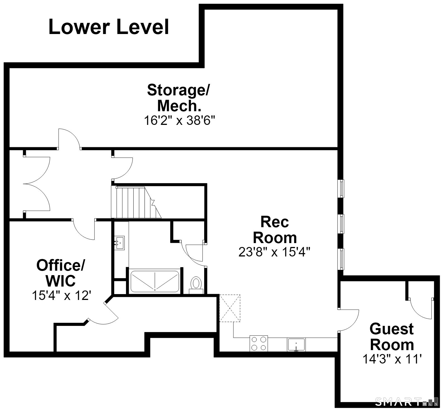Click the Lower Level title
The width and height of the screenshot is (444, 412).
tap(109, 27)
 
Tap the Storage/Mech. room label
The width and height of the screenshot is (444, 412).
tap(178, 98)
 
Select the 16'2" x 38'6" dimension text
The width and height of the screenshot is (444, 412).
tap(180, 121)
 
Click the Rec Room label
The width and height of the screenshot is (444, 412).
tap(275, 230)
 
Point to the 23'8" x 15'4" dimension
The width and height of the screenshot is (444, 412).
tap(274, 252)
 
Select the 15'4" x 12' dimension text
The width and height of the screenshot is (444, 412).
tap(62, 295)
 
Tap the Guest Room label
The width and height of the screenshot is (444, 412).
tap(392, 337)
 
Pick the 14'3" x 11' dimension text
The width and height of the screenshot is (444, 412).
tap(392, 359)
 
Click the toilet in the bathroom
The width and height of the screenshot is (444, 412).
tap(196, 285)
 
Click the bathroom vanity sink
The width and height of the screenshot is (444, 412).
tap(120, 243)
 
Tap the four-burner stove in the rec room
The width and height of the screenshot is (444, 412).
tap(259, 343)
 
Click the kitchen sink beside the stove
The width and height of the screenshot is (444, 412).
tap(296, 345)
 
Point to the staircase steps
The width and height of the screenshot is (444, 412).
tap(136, 202)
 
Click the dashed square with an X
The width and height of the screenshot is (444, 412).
tap(230, 308)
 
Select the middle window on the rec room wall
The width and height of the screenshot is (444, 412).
tap(341, 224)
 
